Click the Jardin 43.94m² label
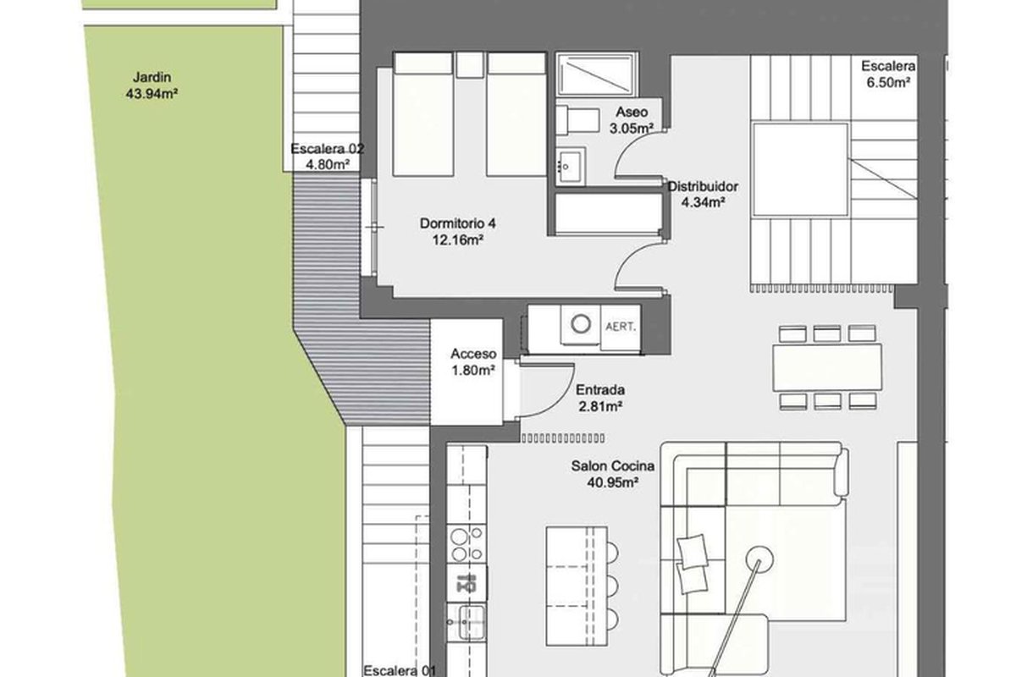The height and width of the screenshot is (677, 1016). (x=152, y=85)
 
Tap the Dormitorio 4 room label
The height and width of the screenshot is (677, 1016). (x=458, y=231)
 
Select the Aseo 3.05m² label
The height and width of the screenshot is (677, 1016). (x=632, y=120)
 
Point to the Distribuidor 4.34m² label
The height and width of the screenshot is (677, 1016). (x=703, y=194)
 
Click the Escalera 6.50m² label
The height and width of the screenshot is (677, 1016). (x=888, y=74)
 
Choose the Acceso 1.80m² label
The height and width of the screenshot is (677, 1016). (x=473, y=362)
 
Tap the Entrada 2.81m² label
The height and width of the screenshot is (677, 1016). (x=600, y=398)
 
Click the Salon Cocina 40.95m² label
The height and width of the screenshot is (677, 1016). (x=613, y=474)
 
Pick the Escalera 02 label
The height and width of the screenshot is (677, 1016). (x=327, y=149)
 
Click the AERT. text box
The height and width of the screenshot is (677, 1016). (x=621, y=327)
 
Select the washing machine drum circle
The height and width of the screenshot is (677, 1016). (x=581, y=324)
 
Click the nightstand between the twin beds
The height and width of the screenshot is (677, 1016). (x=469, y=64)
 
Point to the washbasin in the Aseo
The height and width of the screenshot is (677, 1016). (x=570, y=167)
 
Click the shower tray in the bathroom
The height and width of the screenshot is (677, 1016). (x=596, y=74)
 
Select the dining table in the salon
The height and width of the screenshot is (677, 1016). (x=827, y=367)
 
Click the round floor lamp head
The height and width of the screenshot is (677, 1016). (x=759, y=559)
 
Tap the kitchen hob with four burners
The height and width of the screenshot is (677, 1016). (x=467, y=544)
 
